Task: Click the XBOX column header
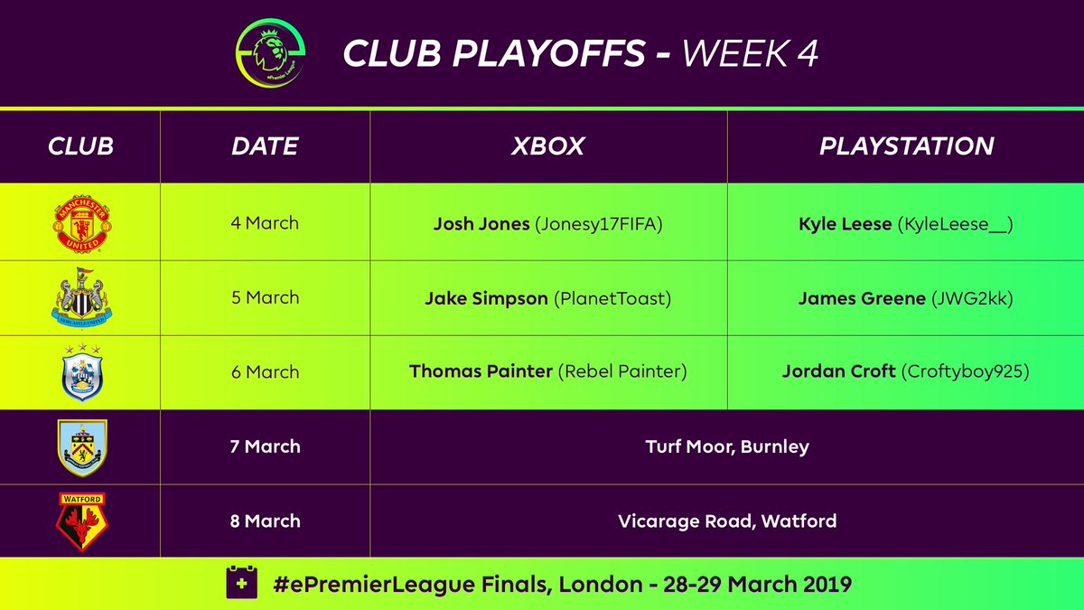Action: point(547,146)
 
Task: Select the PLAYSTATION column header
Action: point(906,146)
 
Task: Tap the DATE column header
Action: point(265,146)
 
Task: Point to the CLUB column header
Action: point(80,146)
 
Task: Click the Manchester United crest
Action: point(81,223)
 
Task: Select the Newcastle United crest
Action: point(81,297)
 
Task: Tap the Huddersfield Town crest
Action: point(81,372)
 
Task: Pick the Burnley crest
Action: point(81,446)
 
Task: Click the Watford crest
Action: point(81,521)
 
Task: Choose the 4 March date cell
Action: point(265,223)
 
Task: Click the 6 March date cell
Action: point(265,371)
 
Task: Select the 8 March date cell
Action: point(265,521)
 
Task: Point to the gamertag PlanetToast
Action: point(614,298)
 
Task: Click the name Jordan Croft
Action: point(838,372)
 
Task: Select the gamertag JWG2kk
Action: point(971,298)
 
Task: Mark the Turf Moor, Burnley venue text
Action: point(727,446)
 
